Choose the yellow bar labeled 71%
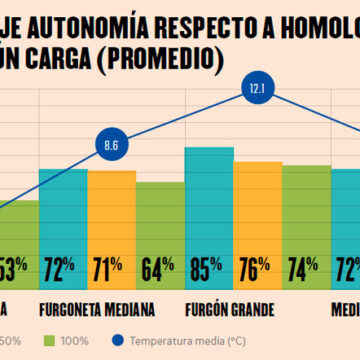tap(111, 200)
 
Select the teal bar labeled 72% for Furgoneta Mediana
tap(63, 200)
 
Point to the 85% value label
tap(208, 268)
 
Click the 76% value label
tap(257, 268)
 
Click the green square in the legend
tap(49, 341)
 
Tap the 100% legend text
tap(75, 342)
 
